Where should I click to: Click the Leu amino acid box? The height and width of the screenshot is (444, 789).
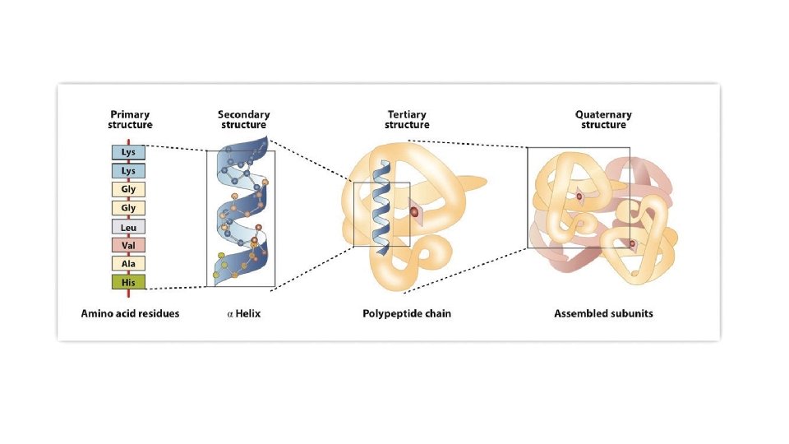[129, 227]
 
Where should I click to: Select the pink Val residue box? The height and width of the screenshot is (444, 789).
[129, 245]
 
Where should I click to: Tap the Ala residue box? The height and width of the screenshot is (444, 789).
[129, 264]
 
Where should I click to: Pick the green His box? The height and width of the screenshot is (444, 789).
[129, 282]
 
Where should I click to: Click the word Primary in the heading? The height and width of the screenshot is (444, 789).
[130, 114]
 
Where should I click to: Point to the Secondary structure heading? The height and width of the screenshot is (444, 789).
[243, 119]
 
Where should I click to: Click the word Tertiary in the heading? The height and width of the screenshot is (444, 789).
[407, 114]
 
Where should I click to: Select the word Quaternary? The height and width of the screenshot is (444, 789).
[603, 114]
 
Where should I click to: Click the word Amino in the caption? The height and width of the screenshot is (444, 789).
[98, 313]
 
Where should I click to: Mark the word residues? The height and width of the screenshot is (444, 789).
[161, 313]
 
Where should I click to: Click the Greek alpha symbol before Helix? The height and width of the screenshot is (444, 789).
[230, 314]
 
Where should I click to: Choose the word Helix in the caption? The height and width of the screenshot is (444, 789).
[248, 313]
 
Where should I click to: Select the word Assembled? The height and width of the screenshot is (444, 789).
[580, 313]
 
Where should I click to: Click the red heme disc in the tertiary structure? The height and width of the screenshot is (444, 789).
[415, 213]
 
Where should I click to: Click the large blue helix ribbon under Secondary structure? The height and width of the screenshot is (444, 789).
[240, 217]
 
